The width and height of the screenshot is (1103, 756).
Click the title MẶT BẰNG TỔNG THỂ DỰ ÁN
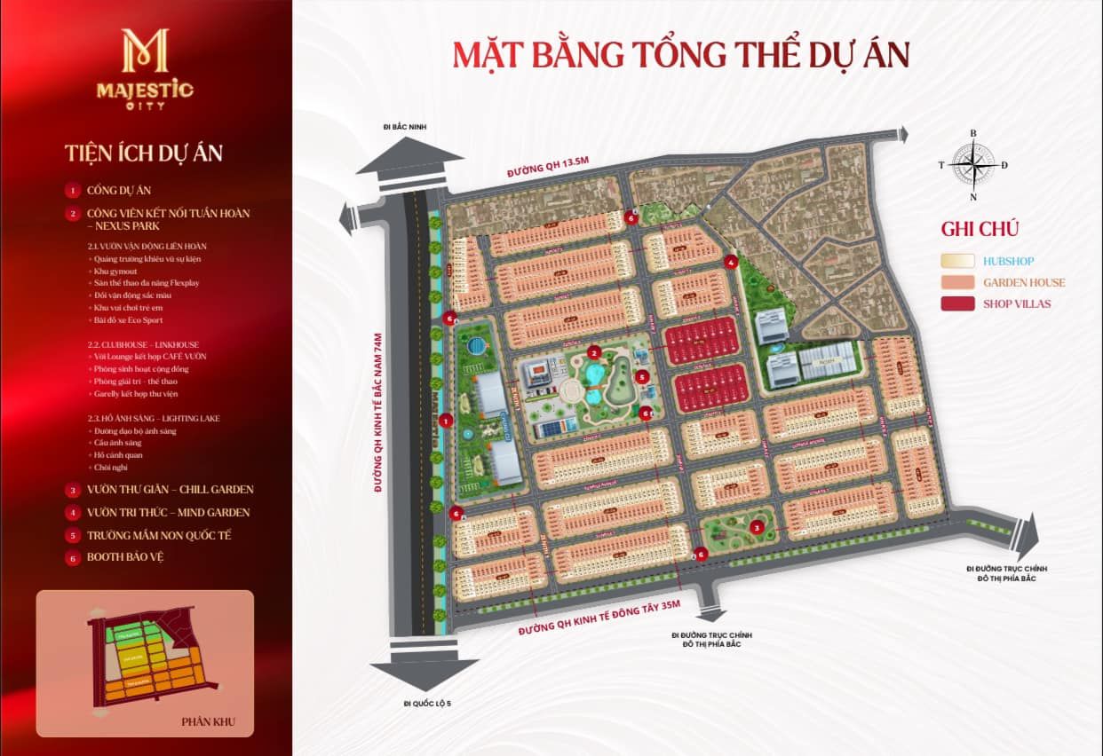click(x=681, y=54)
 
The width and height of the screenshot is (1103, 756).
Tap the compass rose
click(x=973, y=164)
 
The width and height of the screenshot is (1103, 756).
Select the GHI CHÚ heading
click(x=980, y=228)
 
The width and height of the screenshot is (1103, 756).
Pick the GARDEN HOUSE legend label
click(x=1023, y=282)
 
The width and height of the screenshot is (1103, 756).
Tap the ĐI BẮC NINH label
click(x=405, y=128)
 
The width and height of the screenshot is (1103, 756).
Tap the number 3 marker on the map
click(x=756, y=528)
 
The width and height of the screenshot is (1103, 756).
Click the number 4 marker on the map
click(x=730, y=261)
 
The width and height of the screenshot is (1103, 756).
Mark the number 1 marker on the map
click(x=446, y=421)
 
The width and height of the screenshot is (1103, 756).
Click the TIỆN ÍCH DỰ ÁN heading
click(x=144, y=153)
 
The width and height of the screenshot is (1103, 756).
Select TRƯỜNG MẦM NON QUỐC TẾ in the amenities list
click(x=159, y=535)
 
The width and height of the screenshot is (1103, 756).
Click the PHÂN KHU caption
click(x=207, y=721)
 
